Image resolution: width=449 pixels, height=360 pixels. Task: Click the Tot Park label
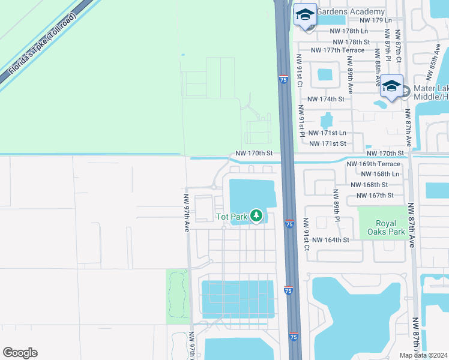pos(231,216)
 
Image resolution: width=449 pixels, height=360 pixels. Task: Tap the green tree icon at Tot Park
pos(256,215)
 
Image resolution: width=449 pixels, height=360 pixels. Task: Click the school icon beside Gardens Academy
pos(305,16)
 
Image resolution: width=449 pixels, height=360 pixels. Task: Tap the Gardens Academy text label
pos(350,12)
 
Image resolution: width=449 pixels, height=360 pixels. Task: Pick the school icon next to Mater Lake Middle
pos(391,86)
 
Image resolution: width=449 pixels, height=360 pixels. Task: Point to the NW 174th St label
pos(326,99)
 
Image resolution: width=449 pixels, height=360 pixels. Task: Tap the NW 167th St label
pos(375,196)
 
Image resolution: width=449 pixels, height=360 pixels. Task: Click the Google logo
pos(20,353)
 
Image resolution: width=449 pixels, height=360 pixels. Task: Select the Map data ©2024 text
pos(423,355)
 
